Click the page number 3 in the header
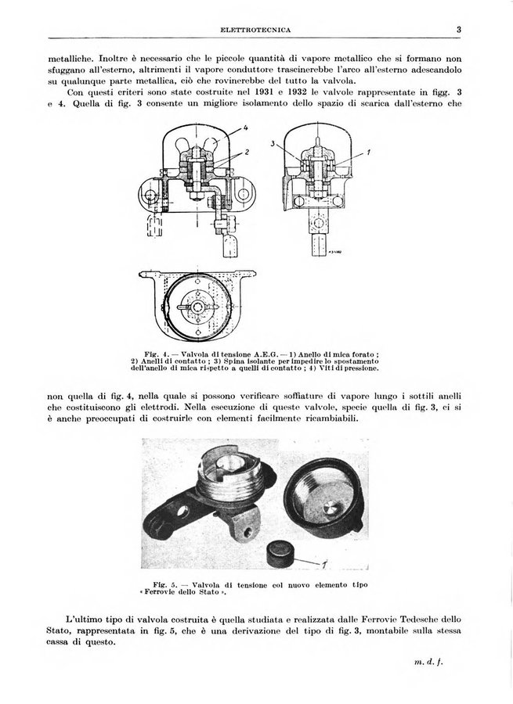pyautogui.click(x=459, y=30)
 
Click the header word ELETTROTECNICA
pyautogui.click(x=256, y=30)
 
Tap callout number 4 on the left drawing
pyautogui.click(x=245, y=127)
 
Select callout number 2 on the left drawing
pyautogui.click(x=247, y=152)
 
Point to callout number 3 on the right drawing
pyautogui.click(x=273, y=144)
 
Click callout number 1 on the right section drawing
pyautogui.click(x=368, y=153)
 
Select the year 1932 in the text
pyautogui.click(x=298, y=92)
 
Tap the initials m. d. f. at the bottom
pyautogui.click(x=428, y=662)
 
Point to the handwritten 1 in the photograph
pyautogui.click(x=324, y=563)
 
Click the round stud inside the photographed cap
pyautogui.click(x=331, y=508)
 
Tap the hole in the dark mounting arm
pyautogui.click(x=183, y=511)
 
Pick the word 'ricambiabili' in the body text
pyautogui.click(x=329, y=419)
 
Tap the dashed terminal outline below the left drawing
pyautogui.click(x=154, y=225)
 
